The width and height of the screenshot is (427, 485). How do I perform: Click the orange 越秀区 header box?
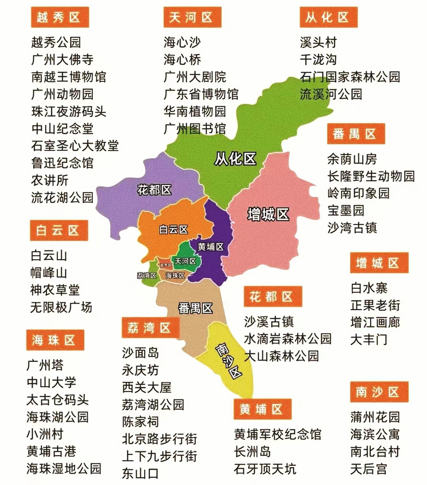click(x=59, y=17)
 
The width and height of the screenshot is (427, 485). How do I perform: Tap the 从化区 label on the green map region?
click(x=235, y=159)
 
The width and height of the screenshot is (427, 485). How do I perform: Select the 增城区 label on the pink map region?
click(x=268, y=214)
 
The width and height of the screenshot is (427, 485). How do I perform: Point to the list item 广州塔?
click(x=45, y=365)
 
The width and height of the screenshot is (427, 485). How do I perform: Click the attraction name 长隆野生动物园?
click(x=371, y=176)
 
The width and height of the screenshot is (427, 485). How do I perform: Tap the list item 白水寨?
click(x=369, y=288)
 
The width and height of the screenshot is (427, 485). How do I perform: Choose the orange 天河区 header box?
click(x=192, y=17)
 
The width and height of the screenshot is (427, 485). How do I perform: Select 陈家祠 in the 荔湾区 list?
click(x=140, y=422)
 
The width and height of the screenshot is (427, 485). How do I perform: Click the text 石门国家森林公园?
click(x=350, y=77)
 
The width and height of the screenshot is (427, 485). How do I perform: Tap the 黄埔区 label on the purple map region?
click(x=211, y=247)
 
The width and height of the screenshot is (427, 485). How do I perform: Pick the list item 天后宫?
click(x=369, y=469)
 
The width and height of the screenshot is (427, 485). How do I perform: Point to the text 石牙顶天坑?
click(x=265, y=469)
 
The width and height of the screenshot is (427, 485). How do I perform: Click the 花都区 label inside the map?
click(x=154, y=190)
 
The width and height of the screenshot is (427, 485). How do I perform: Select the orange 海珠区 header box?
click(x=55, y=340)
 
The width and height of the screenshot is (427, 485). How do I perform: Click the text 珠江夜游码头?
click(x=69, y=111)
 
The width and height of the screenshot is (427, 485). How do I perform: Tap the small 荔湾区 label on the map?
click(x=147, y=275)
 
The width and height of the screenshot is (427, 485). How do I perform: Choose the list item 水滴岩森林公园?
click(x=287, y=339)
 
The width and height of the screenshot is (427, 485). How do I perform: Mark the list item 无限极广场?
click(x=61, y=307)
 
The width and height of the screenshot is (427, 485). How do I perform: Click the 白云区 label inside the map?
click(x=174, y=230)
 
